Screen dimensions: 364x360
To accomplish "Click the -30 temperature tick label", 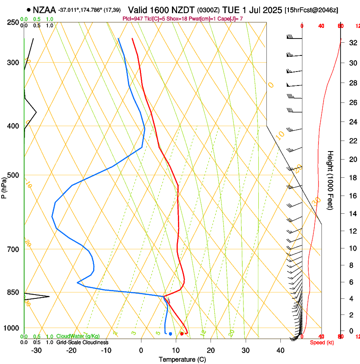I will pyautogui.click(x=36, y=350).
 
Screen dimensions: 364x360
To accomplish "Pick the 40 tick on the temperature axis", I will pyautogui.click(x=280, y=350).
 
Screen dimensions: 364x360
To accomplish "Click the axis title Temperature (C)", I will pyautogui.click(x=182, y=360).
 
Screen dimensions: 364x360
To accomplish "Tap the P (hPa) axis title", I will pyautogui.click(x=4, y=186).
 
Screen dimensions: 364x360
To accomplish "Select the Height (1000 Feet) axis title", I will pyautogui.click(x=330, y=180).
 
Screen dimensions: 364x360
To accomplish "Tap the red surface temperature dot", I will pyautogui.click(x=182, y=334).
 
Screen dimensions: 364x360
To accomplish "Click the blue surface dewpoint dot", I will pyautogui.click(x=170, y=334).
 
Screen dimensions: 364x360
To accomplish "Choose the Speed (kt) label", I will pyautogui.click(x=321, y=342).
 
